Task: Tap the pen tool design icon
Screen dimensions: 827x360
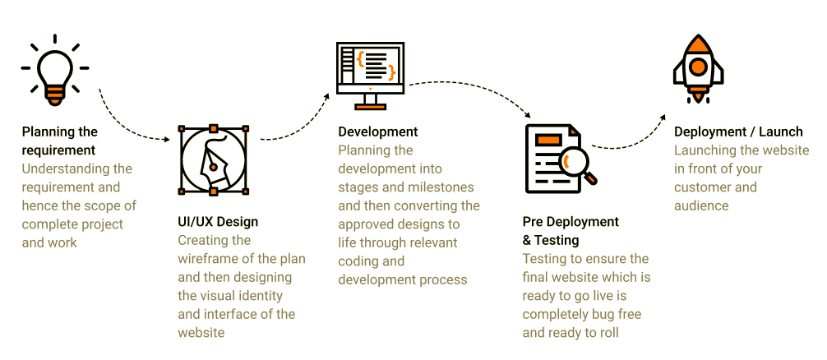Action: tap(213, 160)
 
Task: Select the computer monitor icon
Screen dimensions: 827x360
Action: tap(370, 76)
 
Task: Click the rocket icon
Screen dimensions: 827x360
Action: tap(698, 69)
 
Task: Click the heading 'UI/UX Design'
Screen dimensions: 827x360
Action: tap(218, 221)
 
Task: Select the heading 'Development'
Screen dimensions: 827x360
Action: tap(377, 132)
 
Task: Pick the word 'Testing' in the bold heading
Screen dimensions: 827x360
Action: tap(557, 240)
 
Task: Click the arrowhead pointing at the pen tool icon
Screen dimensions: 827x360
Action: tap(167, 140)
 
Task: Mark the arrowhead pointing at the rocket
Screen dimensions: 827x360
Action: tap(663, 117)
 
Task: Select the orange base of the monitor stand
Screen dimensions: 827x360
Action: tap(370, 107)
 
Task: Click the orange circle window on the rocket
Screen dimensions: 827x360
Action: tap(698, 67)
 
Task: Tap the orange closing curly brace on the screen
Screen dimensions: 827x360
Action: tap(390, 72)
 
